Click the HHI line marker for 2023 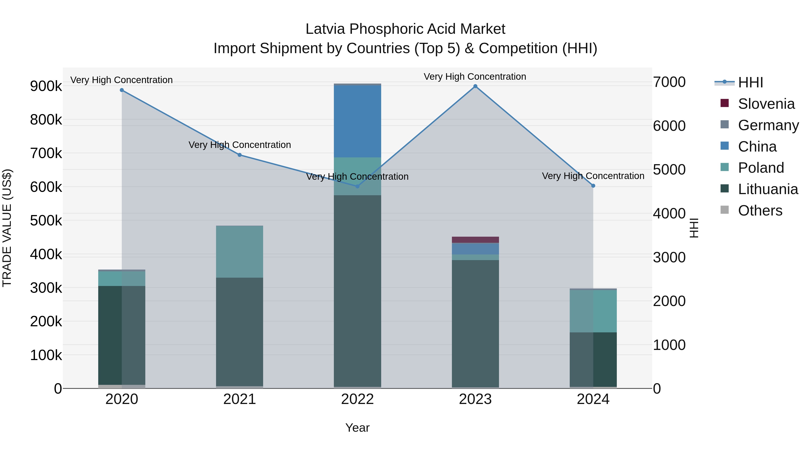[x=475, y=86]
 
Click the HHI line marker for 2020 [x=122, y=90]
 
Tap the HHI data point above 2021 [x=240, y=155]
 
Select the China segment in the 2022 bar [x=357, y=121]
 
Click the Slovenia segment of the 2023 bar [x=475, y=240]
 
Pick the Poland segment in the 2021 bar [x=240, y=252]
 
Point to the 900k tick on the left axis [x=46, y=86]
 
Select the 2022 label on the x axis [x=357, y=399]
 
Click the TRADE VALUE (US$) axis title [x=7, y=228]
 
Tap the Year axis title [x=357, y=428]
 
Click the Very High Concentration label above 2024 [x=593, y=176]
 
